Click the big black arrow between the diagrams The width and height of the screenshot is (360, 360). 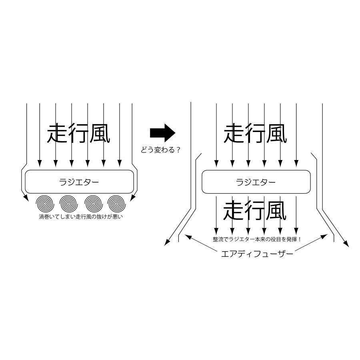162,133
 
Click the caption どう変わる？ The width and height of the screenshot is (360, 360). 161,150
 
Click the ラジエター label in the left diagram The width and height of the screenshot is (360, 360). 79,182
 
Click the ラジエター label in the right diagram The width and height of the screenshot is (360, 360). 256,182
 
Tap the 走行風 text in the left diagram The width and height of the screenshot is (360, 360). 78,133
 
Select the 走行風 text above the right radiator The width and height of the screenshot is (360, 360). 255,133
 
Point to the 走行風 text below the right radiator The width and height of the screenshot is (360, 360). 255,210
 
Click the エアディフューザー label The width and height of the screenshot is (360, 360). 257,254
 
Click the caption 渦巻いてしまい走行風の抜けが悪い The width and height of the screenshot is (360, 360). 81,216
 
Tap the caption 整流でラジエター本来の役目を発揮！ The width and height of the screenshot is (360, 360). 257,239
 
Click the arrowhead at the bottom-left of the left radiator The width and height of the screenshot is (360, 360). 26,198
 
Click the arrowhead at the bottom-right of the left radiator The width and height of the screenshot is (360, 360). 133,198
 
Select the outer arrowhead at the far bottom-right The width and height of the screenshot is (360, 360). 346,244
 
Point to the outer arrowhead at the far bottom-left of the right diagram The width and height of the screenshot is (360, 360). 167,243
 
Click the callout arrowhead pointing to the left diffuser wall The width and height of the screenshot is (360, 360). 188,236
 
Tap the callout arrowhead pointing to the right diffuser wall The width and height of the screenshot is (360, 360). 324,236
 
